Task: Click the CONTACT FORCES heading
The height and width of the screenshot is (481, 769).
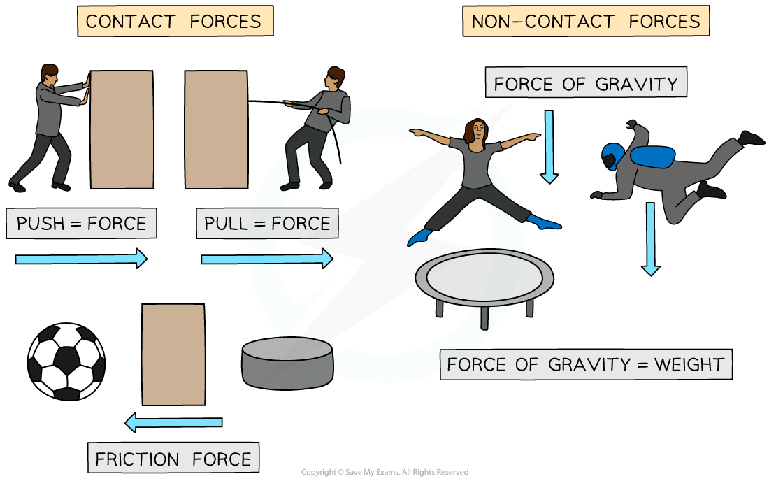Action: click(x=174, y=22)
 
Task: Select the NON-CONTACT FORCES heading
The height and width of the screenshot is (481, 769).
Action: click(x=586, y=22)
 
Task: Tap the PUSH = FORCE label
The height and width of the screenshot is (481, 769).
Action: click(x=81, y=224)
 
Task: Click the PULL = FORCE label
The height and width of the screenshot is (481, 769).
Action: click(x=267, y=224)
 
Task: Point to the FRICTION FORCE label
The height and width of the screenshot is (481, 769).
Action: click(x=173, y=459)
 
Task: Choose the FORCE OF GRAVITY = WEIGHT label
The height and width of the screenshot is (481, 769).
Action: click(x=586, y=364)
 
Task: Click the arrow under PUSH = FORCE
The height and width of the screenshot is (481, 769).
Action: click(x=81, y=259)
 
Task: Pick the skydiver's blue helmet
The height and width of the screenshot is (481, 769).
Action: click(x=612, y=155)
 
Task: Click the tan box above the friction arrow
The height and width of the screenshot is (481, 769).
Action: click(x=173, y=354)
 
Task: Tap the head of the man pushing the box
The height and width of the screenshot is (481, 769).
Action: click(x=49, y=75)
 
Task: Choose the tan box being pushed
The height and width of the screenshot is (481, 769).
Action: click(x=122, y=129)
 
